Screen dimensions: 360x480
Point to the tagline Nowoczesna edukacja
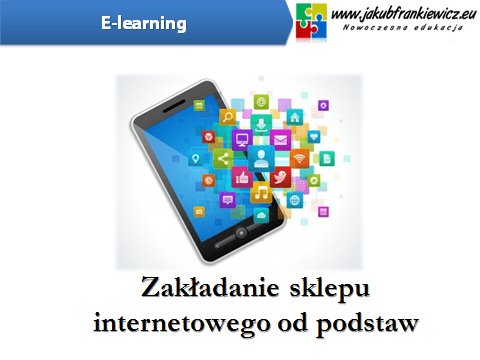pos(402,31)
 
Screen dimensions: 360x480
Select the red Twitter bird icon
pos(280,178)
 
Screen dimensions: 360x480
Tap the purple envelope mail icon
pos(279,139)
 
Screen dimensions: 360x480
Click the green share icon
pos(222,157)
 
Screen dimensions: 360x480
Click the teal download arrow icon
pos(261,124)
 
